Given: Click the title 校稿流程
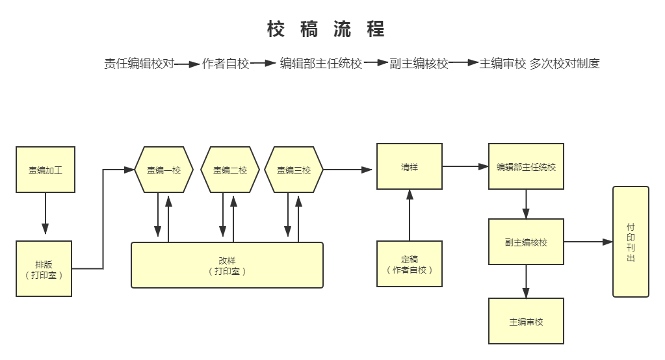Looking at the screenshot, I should [326, 29].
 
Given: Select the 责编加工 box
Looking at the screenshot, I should [46, 170].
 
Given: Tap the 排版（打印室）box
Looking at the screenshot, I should [44, 268].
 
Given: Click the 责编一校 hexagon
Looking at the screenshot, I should [164, 170].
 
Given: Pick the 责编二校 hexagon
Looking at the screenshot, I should [230, 170].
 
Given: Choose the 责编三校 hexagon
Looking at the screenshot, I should [294, 170].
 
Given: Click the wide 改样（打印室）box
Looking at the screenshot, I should [227, 265].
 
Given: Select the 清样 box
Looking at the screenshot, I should [410, 166].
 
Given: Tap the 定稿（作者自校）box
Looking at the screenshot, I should [410, 264].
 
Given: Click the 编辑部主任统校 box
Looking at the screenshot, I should [526, 167].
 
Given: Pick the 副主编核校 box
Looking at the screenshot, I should [526, 242].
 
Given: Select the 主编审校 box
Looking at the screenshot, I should [526, 321].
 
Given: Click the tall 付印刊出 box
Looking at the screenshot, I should [631, 241].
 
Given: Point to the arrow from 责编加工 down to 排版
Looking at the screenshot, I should [46, 213].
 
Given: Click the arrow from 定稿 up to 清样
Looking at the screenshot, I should [410, 214].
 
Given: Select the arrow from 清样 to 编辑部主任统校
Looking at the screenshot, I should [465, 166].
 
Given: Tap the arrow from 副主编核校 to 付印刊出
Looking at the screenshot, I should [588, 242].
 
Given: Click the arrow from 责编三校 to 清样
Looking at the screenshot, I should [348, 170].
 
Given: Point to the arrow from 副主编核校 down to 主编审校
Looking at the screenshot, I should [526, 281].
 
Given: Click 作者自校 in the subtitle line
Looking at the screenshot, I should [226, 64].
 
